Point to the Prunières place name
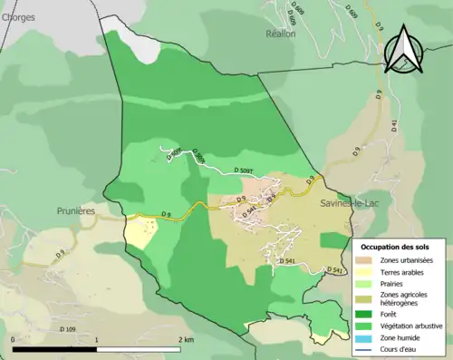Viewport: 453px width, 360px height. click(76, 210)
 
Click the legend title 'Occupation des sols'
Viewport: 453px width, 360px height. click(395, 247)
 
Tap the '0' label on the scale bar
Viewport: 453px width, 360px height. click(14, 340)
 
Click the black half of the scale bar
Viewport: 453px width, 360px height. click(55, 349)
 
